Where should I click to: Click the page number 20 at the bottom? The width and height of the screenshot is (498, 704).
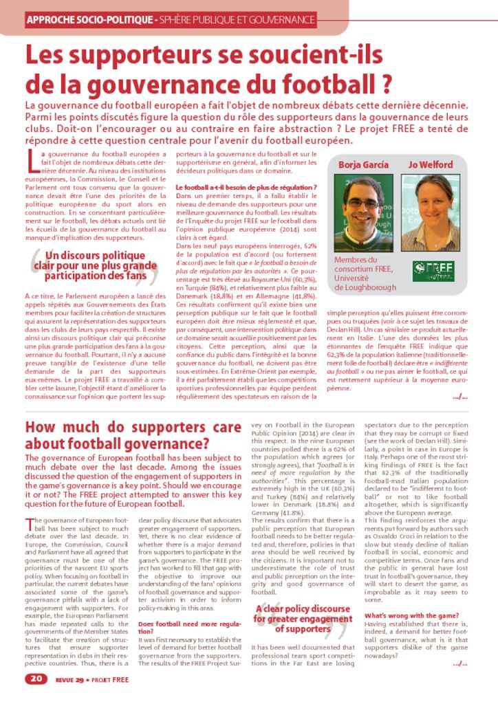tap(36, 679)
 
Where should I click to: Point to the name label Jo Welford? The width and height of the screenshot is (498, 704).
tap(431, 164)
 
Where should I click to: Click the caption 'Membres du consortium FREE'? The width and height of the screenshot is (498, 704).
tap(365, 274)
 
